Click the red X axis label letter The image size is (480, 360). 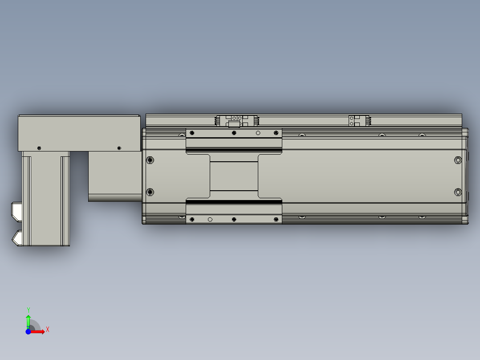pos(48,329)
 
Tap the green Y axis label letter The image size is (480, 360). pos(28,310)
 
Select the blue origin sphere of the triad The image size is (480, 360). pos(28,331)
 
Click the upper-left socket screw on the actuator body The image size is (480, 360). pos(150,160)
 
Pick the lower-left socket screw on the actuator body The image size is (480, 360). pos(150,192)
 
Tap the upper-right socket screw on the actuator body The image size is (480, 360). pos(458,160)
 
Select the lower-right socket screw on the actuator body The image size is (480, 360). pos(458,192)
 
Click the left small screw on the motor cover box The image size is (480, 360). pos(39,147)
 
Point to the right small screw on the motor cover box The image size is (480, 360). pos(118,147)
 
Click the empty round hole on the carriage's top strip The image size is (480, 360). pos(258,133)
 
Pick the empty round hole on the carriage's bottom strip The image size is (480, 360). pos(210,219)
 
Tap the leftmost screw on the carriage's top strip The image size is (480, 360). pos(192,133)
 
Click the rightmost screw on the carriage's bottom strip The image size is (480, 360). pos(276,219)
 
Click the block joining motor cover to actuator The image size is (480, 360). pos(114,176)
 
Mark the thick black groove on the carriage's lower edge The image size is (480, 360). pos(234,202)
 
